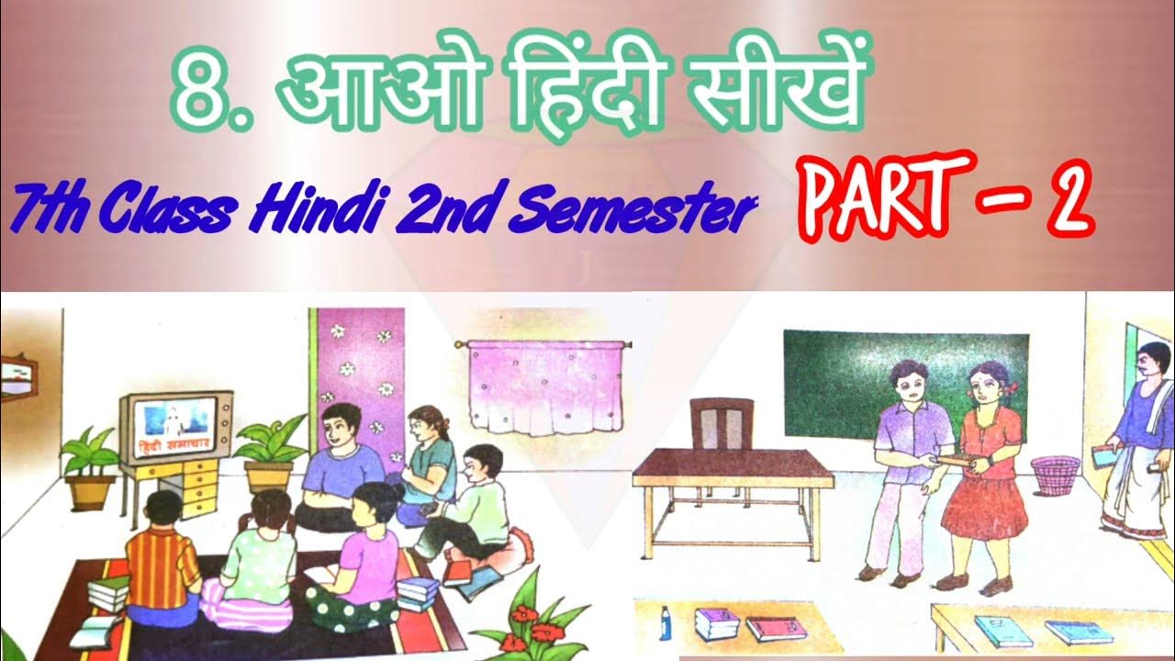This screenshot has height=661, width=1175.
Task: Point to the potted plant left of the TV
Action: pos(90,464)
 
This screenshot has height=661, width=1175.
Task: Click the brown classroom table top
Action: pos(732,468)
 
